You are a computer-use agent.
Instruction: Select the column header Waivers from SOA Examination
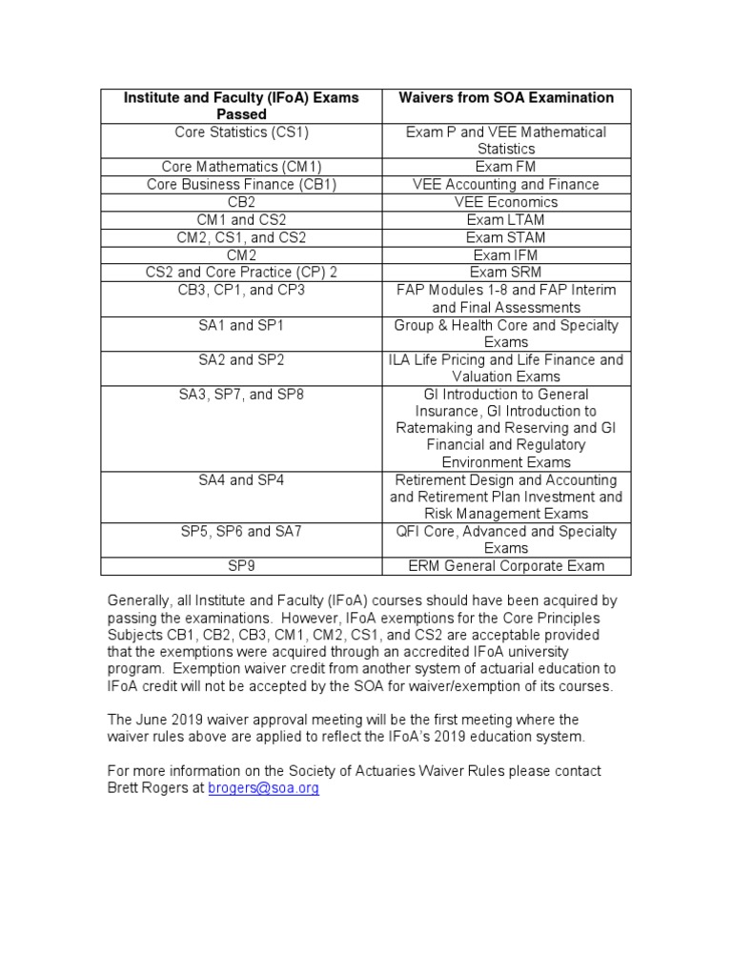505,98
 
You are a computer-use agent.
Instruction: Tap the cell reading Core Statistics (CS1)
241,132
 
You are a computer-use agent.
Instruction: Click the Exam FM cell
505,167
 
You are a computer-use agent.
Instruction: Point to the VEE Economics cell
505,202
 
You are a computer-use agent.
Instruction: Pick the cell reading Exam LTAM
505,219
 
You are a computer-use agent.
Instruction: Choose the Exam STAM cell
505,237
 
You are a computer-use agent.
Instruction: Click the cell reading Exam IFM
505,254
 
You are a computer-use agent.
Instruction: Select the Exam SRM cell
505,273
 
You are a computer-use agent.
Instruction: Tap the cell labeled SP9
241,566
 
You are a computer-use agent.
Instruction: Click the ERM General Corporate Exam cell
505,566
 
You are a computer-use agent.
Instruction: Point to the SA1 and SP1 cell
241,325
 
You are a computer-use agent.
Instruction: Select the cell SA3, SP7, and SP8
241,395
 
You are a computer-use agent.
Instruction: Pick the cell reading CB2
241,202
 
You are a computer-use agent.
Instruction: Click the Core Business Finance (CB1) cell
241,185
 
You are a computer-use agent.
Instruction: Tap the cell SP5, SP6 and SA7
241,532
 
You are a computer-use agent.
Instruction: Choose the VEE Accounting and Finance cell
505,185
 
